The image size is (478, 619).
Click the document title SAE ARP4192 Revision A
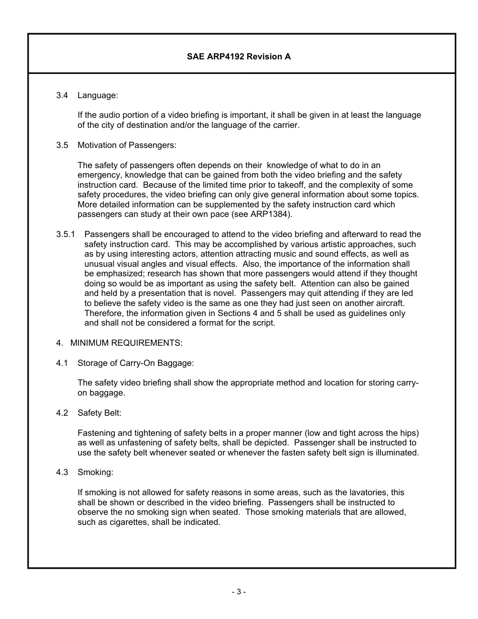(238, 57)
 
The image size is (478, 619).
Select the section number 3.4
(62, 95)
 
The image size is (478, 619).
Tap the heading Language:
(98, 95)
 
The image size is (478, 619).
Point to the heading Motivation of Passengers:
(127, 145)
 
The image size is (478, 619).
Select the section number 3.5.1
(65, 235)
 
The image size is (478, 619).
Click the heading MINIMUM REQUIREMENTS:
(126, 343)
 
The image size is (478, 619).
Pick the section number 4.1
(62, 363)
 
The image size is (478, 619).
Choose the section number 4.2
(62, 413)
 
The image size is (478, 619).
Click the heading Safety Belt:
(99, 413)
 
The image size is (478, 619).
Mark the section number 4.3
(62, 473)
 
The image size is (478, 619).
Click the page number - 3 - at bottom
(238, 592)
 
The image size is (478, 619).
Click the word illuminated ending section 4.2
(396, 453)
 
